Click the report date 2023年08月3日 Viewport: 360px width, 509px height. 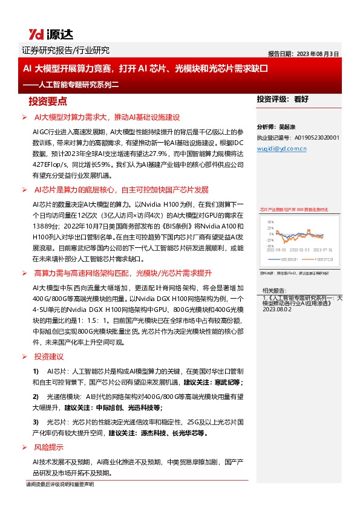(x=303, y=53)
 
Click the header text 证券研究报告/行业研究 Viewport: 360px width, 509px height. (x=65, y=51)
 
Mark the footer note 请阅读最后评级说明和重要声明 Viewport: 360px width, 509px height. (x=60, y=485)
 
